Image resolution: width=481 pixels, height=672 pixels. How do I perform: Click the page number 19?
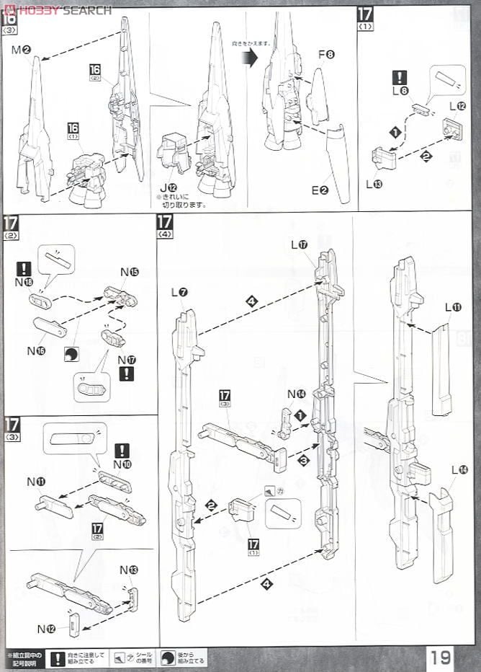tap(441, 657)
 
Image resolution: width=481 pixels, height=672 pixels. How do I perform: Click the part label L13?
tap(374, 184)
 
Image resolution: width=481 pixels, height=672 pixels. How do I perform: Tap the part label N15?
tap(130, 272)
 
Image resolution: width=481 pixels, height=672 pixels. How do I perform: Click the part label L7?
tap(179, 292)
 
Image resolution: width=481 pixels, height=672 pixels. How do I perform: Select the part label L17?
tap(300, 244)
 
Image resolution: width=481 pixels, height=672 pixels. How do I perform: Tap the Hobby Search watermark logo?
tap(58, 9)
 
